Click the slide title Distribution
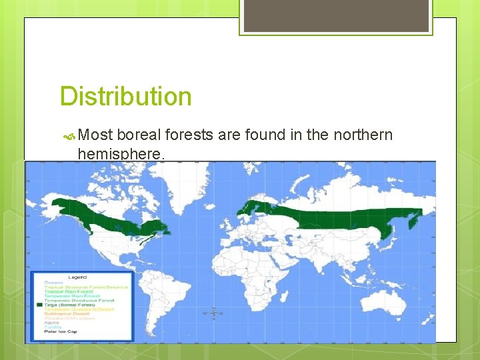pyautogui.click(x=125, y=97)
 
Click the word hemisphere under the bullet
pyautogui.click(x=119, y=154)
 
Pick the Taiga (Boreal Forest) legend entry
pyautogui.click(x=75, y=304)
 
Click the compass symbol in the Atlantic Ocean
pyautogui.click(x=214, y=312)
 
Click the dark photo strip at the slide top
pyautogui.click(x=336, y=15)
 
